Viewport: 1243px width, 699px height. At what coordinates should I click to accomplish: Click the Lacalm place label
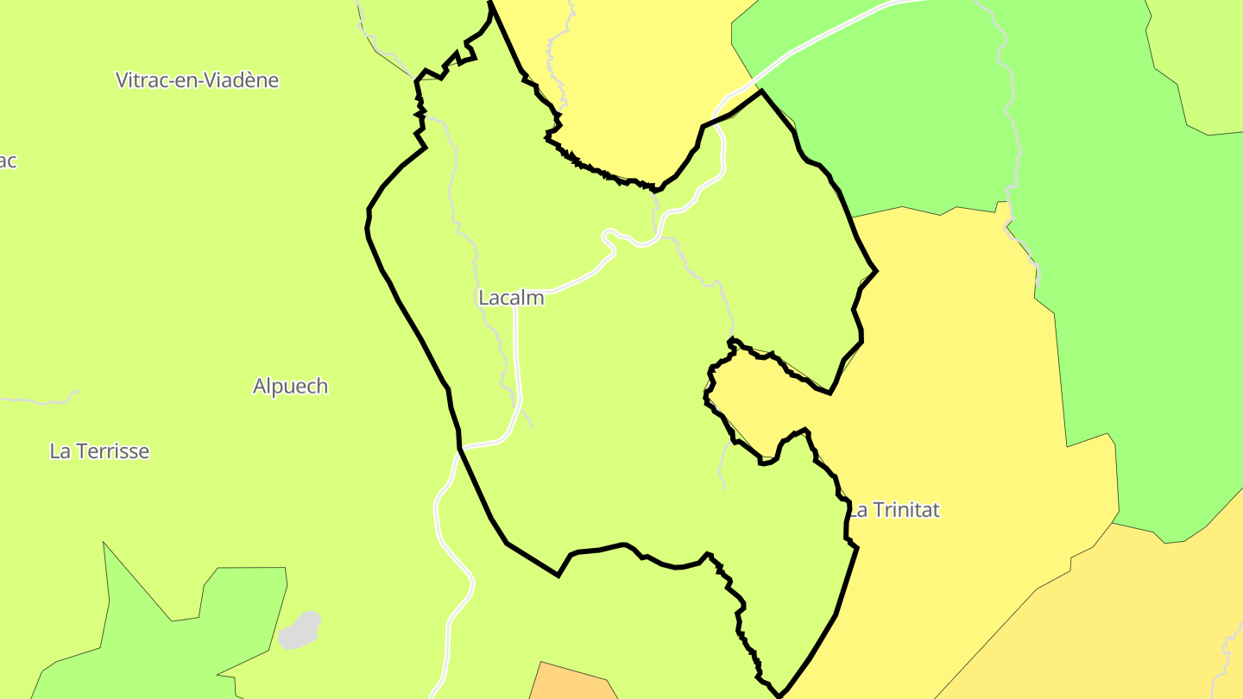click(511, 298)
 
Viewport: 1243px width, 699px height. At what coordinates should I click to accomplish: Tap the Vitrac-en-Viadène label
click(198, 80)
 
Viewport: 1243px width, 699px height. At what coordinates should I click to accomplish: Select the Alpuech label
click(290, 386)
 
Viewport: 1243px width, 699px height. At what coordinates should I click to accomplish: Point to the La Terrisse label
click(99, 450)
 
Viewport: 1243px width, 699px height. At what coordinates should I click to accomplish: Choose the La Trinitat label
click(893, 510)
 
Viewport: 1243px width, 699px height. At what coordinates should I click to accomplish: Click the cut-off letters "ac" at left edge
click(8, 161)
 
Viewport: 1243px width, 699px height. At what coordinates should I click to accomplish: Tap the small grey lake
click(300, 630)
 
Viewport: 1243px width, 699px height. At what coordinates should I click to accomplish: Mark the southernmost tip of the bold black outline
click(779, 696)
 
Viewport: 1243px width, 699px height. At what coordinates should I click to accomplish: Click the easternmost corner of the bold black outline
click(877, 271)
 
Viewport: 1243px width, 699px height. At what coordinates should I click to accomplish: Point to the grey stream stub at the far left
click(39, 400)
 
